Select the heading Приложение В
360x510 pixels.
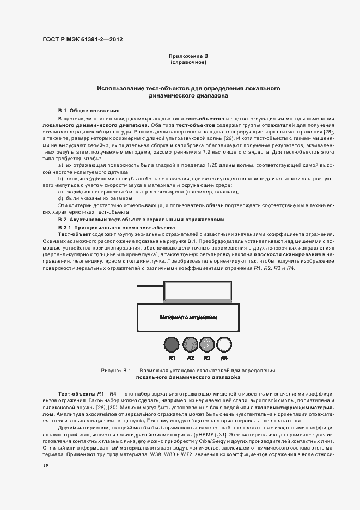point(188,56)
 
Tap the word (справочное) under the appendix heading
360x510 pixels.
point(188,63)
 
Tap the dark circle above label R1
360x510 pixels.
point(172,344)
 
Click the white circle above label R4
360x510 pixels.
point(224,344)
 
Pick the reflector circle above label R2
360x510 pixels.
point(190,344)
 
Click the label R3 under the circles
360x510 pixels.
point(207,358)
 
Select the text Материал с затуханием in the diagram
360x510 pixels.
point(188,317)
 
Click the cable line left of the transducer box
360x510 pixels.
point(150,286)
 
